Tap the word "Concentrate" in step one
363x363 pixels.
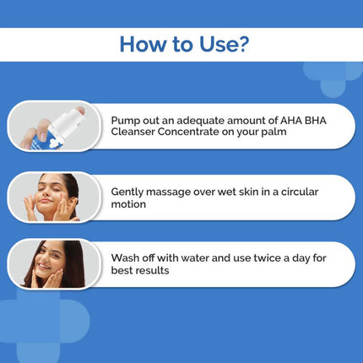(x=197, y=133)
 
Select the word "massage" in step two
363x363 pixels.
(x=176, y=192)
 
